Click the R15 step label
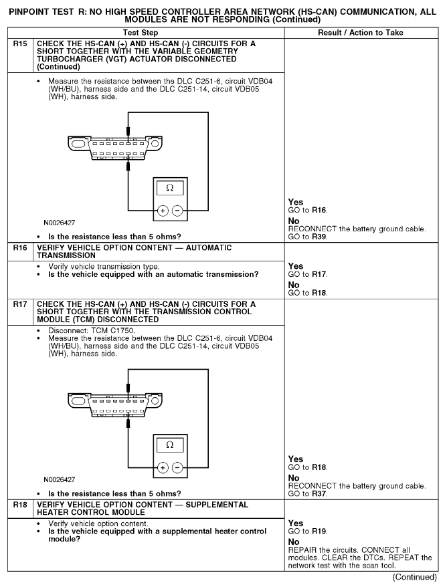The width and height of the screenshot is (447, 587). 21,43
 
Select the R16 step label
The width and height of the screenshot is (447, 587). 21,247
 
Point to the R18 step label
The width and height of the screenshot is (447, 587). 21,504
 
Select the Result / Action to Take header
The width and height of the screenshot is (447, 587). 361,32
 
